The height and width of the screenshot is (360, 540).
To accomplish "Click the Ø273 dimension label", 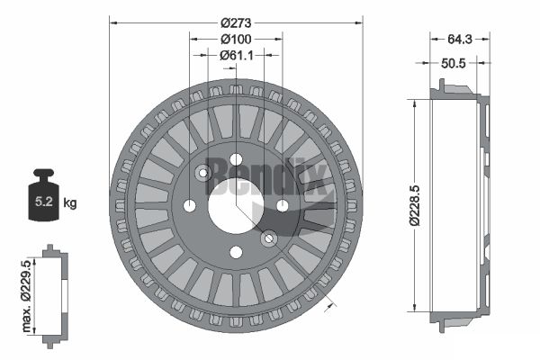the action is click(x=236, y=23).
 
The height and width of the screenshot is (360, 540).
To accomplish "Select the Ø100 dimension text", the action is click(x=236, y=40).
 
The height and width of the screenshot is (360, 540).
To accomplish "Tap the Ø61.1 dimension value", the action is click(x=236, y=55).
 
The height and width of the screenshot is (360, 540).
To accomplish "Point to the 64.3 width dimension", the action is click(x=460, y=40).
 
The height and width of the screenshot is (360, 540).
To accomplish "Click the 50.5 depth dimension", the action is click(x=454, y=63).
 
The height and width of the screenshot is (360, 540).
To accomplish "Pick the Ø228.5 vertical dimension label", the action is click(x=415, y=205).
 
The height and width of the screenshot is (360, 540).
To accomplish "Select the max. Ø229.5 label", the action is click(x=26, y=296).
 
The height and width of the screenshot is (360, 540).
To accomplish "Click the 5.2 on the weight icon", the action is click(x=44, y=202).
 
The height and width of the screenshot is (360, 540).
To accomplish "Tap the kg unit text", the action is click(x=70, y=202).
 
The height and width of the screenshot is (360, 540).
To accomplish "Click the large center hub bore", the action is click(x=236, y=206).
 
